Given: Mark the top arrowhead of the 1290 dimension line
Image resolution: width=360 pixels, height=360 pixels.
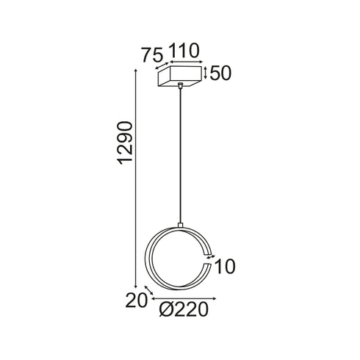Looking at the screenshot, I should [x=137, y=72].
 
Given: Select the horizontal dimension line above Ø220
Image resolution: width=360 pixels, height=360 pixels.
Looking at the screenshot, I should [x=184, y=299].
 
